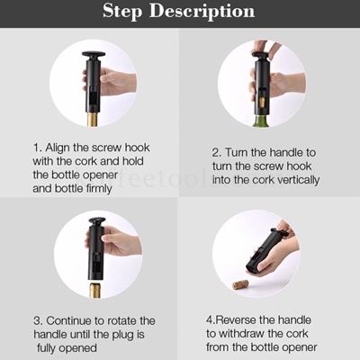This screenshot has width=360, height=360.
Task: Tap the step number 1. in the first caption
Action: [38, 146]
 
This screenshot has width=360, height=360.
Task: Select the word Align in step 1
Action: [62, 146]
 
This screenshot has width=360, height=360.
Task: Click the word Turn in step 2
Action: [241, 152]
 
